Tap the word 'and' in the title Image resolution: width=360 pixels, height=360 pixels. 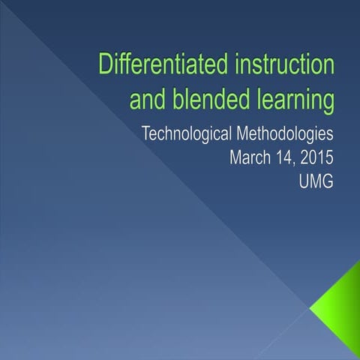(149, 98)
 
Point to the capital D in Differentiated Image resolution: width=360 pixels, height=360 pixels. (107, 65)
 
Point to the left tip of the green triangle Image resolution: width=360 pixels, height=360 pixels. (309, 307)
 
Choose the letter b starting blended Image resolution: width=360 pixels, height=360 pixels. (178, 98)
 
